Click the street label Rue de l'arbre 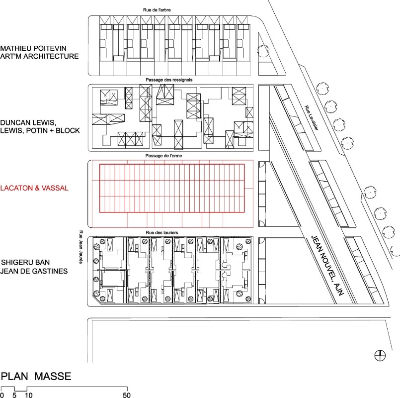click(x=157, y=10)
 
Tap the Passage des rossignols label click(x=169, y=80)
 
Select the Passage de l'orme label click(x=164, y=156)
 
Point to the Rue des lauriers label click(x=162, y=232)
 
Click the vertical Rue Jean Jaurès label click(x=81, y=247)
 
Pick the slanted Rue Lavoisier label click(x=312, y=118)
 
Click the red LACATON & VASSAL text click(x=34, y=188)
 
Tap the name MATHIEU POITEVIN click(x=33, y=48)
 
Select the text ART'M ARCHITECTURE click(x=39, y=56)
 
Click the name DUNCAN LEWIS click(x=28, y=122)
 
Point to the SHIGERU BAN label click(x=25, y=262)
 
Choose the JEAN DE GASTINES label click(x=34, y=271)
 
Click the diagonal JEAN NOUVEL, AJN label click(x=327, y=266)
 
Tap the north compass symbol click(x=380, y=355)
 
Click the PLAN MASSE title click(x=36, y=376)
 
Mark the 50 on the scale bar click(x=127, y=395)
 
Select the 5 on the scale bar click(x=14, y=395)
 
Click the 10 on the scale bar click(x=29, y=395)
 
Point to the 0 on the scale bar click(x=2, y=395)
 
